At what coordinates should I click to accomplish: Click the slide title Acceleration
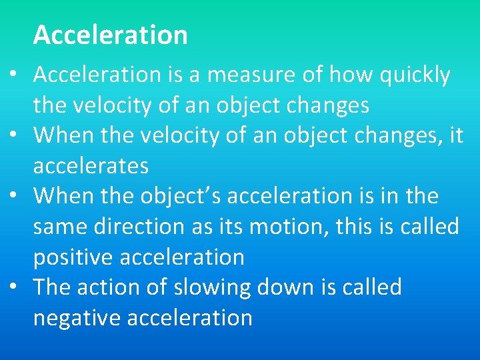110,35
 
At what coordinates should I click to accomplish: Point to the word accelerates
91,165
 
